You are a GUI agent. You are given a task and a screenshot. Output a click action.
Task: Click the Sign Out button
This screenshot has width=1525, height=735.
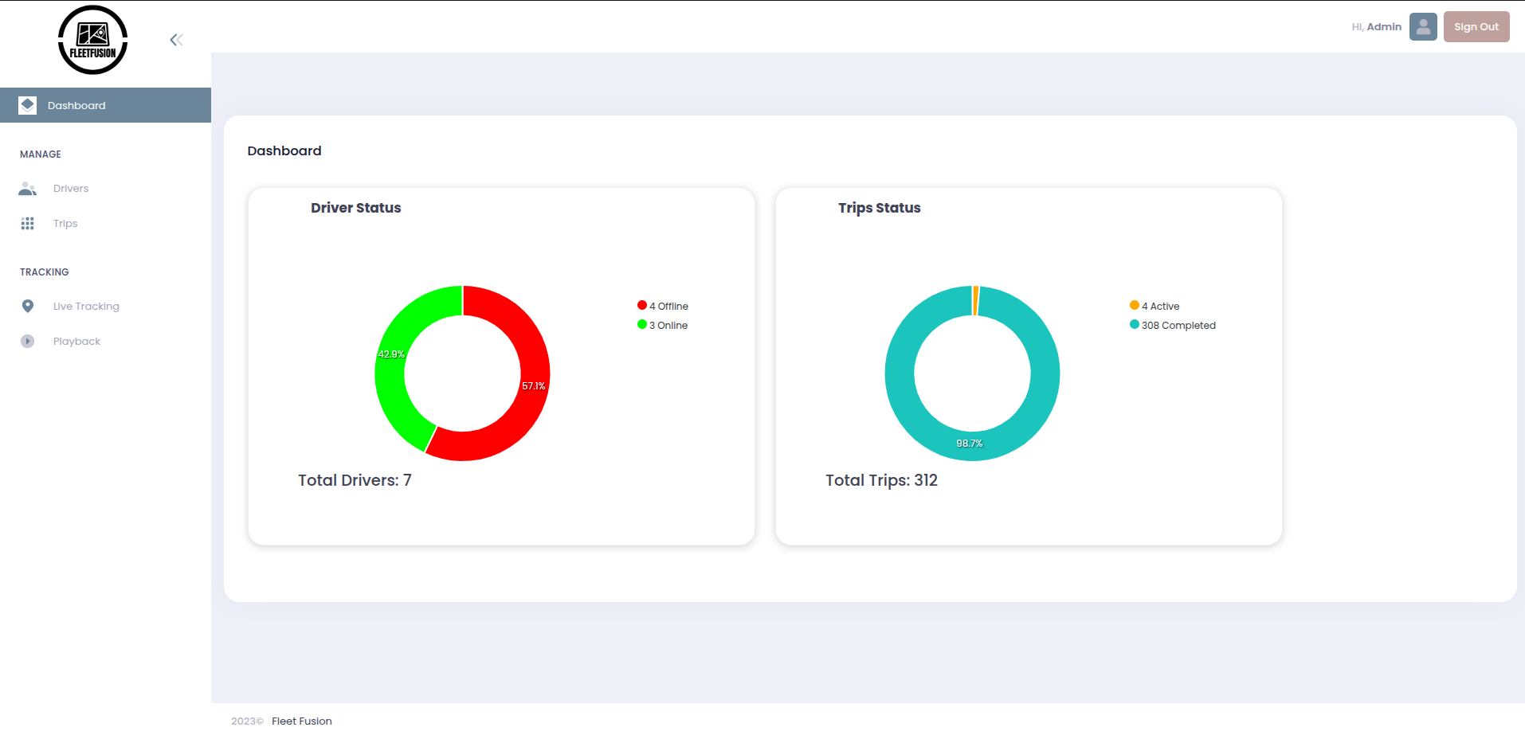(x=1476, y=26)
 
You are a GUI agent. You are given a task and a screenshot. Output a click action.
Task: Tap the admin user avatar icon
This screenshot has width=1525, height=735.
(x=1422, y=26)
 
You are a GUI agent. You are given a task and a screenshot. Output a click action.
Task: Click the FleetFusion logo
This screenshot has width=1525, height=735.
(x=92, y=40)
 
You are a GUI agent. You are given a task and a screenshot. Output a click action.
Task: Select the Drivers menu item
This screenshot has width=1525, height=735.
(x=70, y=189)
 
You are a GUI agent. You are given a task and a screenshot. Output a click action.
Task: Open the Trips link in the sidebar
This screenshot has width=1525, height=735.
(x=65, y=224)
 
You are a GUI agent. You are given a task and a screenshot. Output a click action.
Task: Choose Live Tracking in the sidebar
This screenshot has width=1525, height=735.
(x=86, y=307)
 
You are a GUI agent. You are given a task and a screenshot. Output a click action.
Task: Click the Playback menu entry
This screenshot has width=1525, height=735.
(x=76, y=342)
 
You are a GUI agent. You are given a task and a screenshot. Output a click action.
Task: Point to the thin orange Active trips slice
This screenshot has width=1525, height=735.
(x=975, y=300)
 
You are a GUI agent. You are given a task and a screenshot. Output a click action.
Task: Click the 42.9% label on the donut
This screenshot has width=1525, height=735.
(x=391, y=354)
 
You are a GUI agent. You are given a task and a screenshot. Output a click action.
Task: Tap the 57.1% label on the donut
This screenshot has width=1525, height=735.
(x=534, y=386)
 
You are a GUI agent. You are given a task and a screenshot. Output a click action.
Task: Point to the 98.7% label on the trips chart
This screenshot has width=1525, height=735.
(x=970, y=444)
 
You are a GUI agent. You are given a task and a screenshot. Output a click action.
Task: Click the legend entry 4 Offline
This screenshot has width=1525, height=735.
(x=664, y=306)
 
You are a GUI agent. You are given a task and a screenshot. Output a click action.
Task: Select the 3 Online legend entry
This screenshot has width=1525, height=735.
(x=663, y=325)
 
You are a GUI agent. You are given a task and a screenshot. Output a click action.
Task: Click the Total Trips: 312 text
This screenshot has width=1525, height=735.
(x=881, y=480)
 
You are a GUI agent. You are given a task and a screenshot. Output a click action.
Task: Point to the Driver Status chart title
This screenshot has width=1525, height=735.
(x=355, y=208)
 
